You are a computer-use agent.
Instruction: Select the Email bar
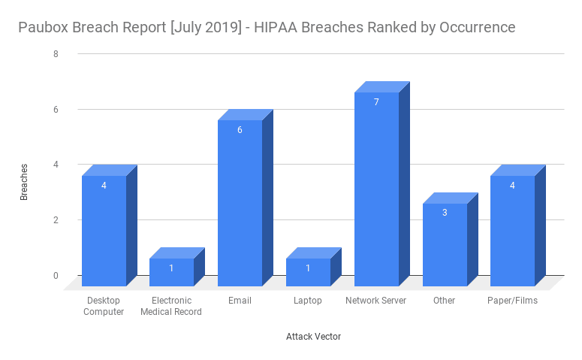pyautogui.click(x=240, y=203)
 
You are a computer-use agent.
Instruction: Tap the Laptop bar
pyautogui.click(x=308, y=272)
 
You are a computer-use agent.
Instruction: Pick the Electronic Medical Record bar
pyautogui.click(x=171, y=272)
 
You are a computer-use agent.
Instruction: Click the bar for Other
pyautogui.click(x=445, y=244)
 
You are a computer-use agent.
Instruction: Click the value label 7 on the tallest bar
pyautogui.click(x=376, y=102)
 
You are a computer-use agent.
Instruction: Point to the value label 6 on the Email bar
pyautogui.click(x=240, y=130)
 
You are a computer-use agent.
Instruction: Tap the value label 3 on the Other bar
pyautogui.click(x=445, y=213)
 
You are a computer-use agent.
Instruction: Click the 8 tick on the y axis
pyautogui.click(x=56, y=54)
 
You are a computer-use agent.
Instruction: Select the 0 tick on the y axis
pyautogui.click(x=56, y=276)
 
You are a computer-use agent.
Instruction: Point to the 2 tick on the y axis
pyautogui.click(x=56, y=220)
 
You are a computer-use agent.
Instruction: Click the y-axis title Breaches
pyautogui.click(x=24, y=181)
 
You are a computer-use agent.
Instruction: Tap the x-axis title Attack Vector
pyautogui.click(x=313, y=337)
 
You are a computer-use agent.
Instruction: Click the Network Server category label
pyautogui.click(x=375, y=301)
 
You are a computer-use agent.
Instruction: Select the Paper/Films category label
pyautogui.click(x=512, y=301)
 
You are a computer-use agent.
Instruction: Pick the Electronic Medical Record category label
pyautogui.click(x=171, y=306)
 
